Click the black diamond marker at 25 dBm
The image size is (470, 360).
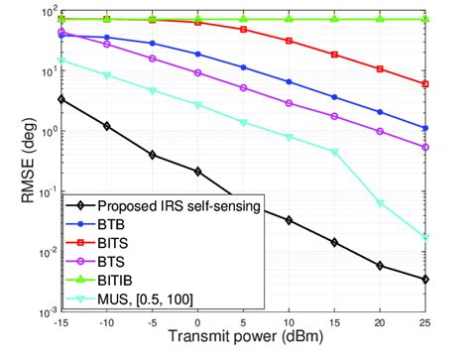point(453,280)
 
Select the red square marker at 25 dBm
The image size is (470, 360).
point(453,84)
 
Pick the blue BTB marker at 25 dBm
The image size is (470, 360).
point(453,128)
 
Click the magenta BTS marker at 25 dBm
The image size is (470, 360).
point(453,147)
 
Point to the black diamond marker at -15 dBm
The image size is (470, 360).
point(61,99)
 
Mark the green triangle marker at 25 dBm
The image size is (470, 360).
point(453,19)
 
